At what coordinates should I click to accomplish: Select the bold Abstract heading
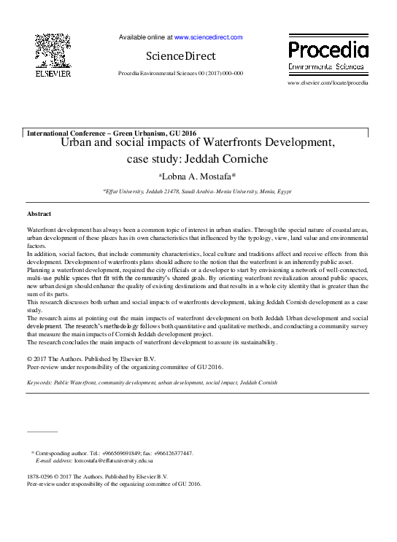point(39,214)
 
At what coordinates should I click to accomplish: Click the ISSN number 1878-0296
point(41,476)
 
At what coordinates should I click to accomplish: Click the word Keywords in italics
point(40,382)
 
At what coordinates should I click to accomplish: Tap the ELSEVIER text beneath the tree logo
point(53,74)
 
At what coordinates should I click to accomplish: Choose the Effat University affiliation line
point(198,191)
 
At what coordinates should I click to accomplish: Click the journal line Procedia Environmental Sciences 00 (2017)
point(180,74)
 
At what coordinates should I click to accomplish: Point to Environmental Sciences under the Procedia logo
point(328,66)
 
